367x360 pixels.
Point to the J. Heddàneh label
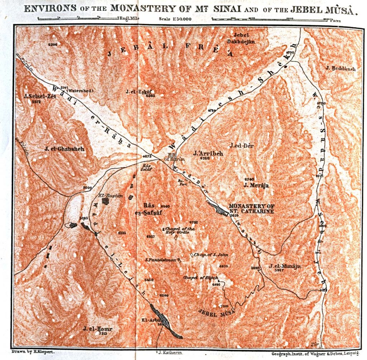point(340,68)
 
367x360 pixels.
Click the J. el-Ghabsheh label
point(65,149)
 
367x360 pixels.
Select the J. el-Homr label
point(98,328)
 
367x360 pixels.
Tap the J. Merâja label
point(256,185)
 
